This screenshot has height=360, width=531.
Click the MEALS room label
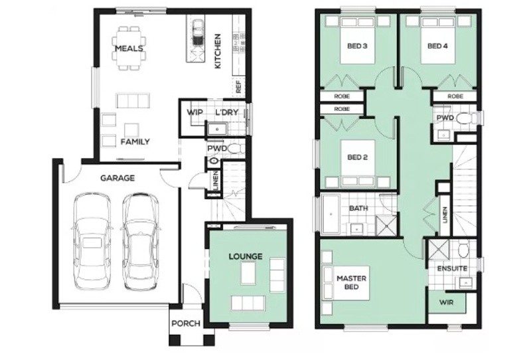point(129,48)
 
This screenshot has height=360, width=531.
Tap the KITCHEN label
point(218,51)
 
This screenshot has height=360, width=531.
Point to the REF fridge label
point(239,86)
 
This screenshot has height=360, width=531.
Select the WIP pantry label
point(194,112)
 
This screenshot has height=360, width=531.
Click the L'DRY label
point(227,112)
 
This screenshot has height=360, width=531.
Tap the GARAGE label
point(117,178)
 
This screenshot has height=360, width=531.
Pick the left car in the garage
point(92,241)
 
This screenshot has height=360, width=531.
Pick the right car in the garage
point(140,241)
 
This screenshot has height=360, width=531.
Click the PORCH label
point(186,323)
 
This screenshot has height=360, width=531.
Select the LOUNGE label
point(246,256)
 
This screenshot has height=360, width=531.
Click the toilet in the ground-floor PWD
point(236,149)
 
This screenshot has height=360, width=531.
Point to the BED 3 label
point(357,46)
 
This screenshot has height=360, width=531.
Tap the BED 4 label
point(437,46)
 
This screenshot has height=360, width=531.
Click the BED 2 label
point(357,157)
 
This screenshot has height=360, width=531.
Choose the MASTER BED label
point(352,282)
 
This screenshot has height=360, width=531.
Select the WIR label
point(446,302)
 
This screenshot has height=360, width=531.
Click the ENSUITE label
point(452,268)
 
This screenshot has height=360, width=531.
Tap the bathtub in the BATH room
point(331,215)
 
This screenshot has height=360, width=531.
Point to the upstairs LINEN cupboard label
point(445,215)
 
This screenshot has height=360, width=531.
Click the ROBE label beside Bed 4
point(455,96)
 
